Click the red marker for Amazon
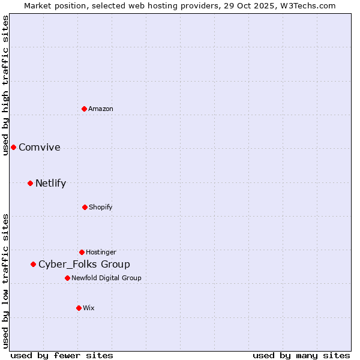point(85,109)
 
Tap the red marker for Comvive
point(13,147)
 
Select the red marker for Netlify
point(30,183)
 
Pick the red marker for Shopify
point(85,207)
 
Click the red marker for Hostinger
point(82,252)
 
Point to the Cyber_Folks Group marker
point(33,264)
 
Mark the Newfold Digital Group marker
point(67,278)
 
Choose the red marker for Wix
point(79,308)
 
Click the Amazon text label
point(101,109)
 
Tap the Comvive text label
point(40,148)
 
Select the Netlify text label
point(50,184)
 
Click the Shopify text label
point(100,208)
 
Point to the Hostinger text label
point(101,252)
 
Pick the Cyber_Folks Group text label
point(84,265)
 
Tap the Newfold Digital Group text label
point(106,278)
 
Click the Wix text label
point(89,308)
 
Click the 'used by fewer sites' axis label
point(62,355)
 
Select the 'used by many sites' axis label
point(301,355)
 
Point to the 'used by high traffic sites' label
point(6,85)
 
